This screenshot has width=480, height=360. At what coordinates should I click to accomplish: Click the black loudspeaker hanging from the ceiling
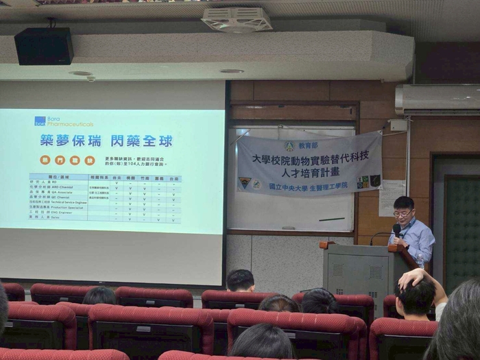point(44,46)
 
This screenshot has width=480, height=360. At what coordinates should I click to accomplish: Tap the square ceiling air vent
point(237,19)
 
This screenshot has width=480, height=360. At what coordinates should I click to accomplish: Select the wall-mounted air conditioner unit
point(437,100)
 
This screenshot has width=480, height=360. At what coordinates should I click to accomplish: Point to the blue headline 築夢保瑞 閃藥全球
point(106,141)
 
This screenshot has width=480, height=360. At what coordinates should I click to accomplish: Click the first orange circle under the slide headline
point(45,160)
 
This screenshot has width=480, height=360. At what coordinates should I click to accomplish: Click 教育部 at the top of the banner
point(308,145)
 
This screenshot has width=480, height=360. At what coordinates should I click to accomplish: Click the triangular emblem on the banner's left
point(245,183)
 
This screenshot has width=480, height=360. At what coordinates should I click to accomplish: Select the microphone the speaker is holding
point(396,230)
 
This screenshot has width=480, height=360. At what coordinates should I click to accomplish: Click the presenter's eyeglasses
point(403,214)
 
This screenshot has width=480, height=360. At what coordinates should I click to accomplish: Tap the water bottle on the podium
point(420,260)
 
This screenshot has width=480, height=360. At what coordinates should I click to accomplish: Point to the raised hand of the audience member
point(414,277)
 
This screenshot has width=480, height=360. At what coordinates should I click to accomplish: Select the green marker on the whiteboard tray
point(287,228)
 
